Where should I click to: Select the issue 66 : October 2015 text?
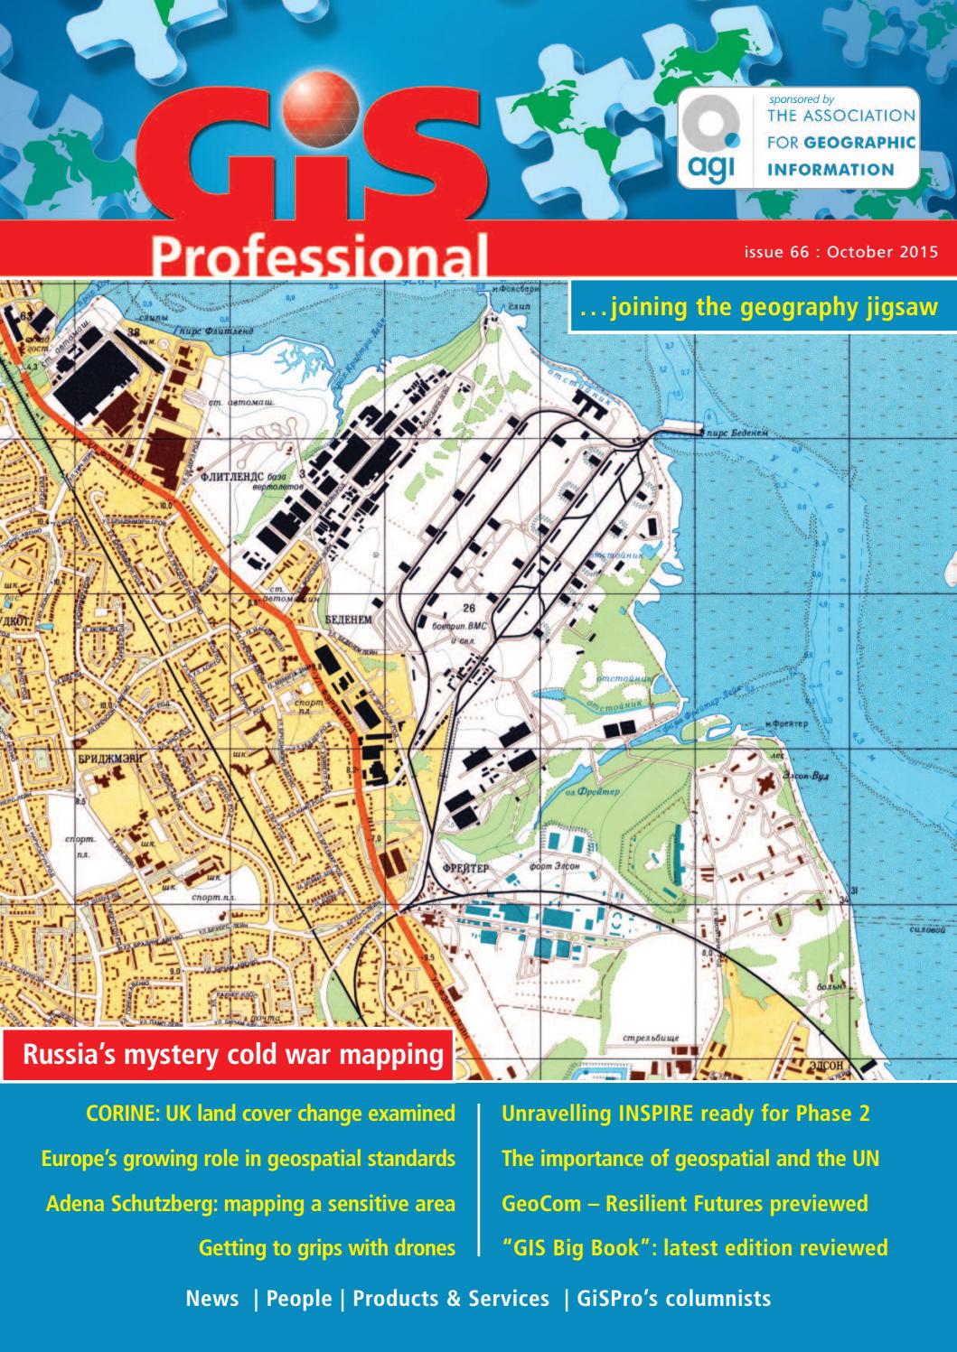pyautogui.click(x=840, y=253)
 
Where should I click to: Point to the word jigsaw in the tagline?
pyautogui.click(x=905, y=308)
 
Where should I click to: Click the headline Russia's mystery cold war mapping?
pyautogui.click(x=233, y=1054)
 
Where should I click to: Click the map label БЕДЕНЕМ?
pyautogui.click(x=350, y=619)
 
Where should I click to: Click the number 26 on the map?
pyautogui.click(x=469, y=609)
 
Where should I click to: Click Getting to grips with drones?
pyautogui.click(x=326, y=1248)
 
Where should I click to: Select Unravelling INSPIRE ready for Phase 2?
pyautogui.click(x=685, y=1114)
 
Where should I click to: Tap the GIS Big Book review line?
pyautogui.click(x=694, y=1248)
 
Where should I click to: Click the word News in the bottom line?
pyautogui.click(x=212, y=1299)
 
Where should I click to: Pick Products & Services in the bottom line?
pyautogui.click(x=450, y=1299)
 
